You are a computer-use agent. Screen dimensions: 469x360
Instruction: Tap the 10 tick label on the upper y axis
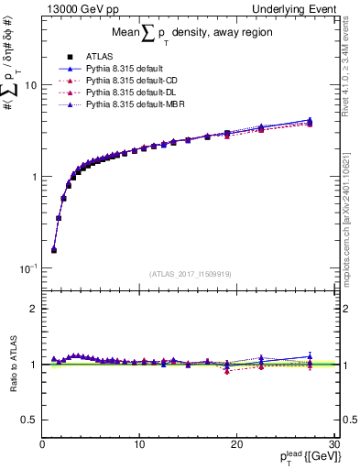(x=29, y=85)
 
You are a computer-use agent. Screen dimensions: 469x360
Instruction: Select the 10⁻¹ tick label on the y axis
(x=27, y=268)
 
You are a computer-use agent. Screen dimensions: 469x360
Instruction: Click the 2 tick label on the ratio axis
(x=34, y=309)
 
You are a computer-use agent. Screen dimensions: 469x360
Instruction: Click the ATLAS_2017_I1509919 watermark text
(x=190, y=273)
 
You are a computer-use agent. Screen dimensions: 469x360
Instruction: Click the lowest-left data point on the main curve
(x=54, y=249)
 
